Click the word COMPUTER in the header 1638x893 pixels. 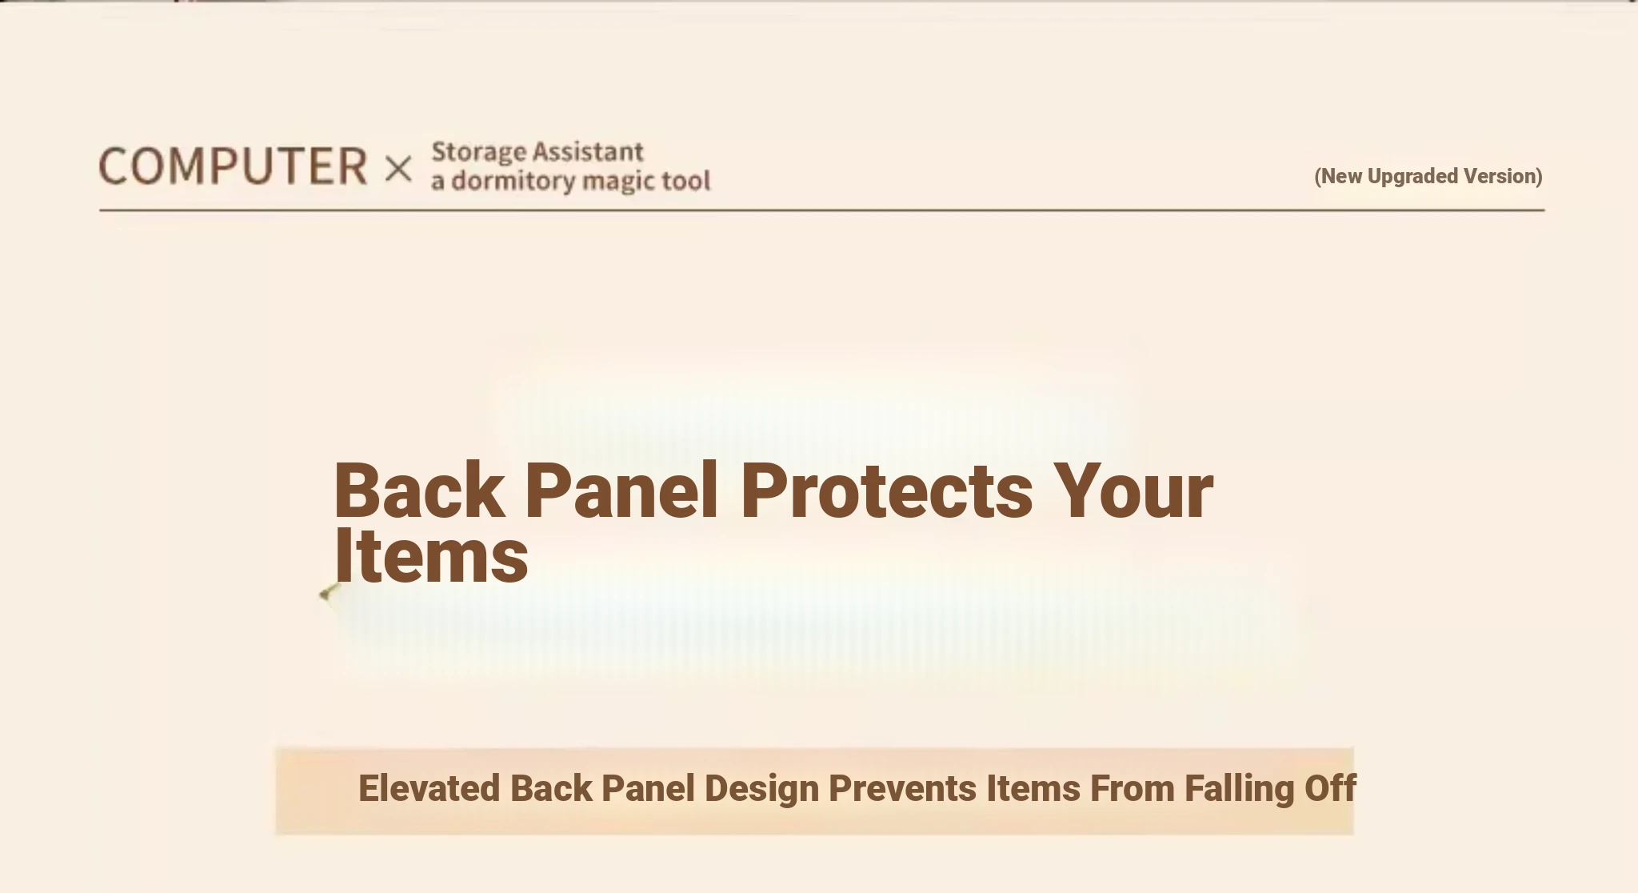click(233, 166)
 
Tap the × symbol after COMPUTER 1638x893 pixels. click(398, 169)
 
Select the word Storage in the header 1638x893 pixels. click(478, 152)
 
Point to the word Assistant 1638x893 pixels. click(588, 151)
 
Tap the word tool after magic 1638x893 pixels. click(685, 180)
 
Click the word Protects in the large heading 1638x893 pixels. click(887, 491)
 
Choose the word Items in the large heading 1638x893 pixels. click(430, 556)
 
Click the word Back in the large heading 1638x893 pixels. click(418, 491)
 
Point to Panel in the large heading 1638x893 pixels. click(621, 491)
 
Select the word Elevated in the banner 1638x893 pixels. click(429, 788)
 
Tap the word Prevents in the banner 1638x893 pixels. click(902, 788)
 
